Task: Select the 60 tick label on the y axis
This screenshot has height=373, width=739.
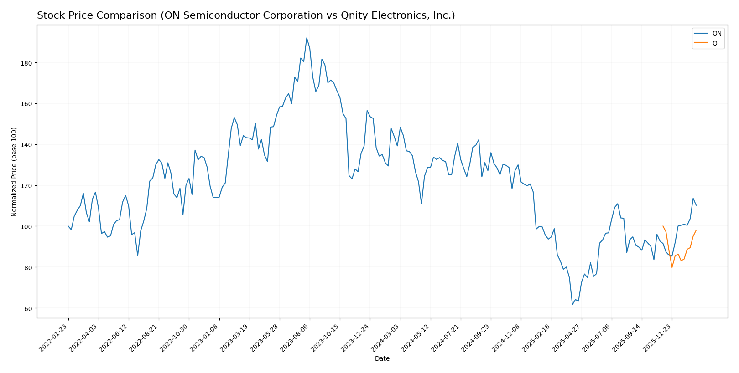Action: [28, 308]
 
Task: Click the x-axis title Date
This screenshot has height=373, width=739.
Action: [382, 359]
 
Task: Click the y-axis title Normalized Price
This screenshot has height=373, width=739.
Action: [14, 172]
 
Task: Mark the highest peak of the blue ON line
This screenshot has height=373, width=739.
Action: [307, 38]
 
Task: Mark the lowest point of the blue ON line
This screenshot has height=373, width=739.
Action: [572, 305]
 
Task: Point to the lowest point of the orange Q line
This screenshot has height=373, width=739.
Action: [672, 267]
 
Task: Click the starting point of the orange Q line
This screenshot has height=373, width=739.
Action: [663, 226]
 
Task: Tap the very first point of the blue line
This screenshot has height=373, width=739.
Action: [68, 226]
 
